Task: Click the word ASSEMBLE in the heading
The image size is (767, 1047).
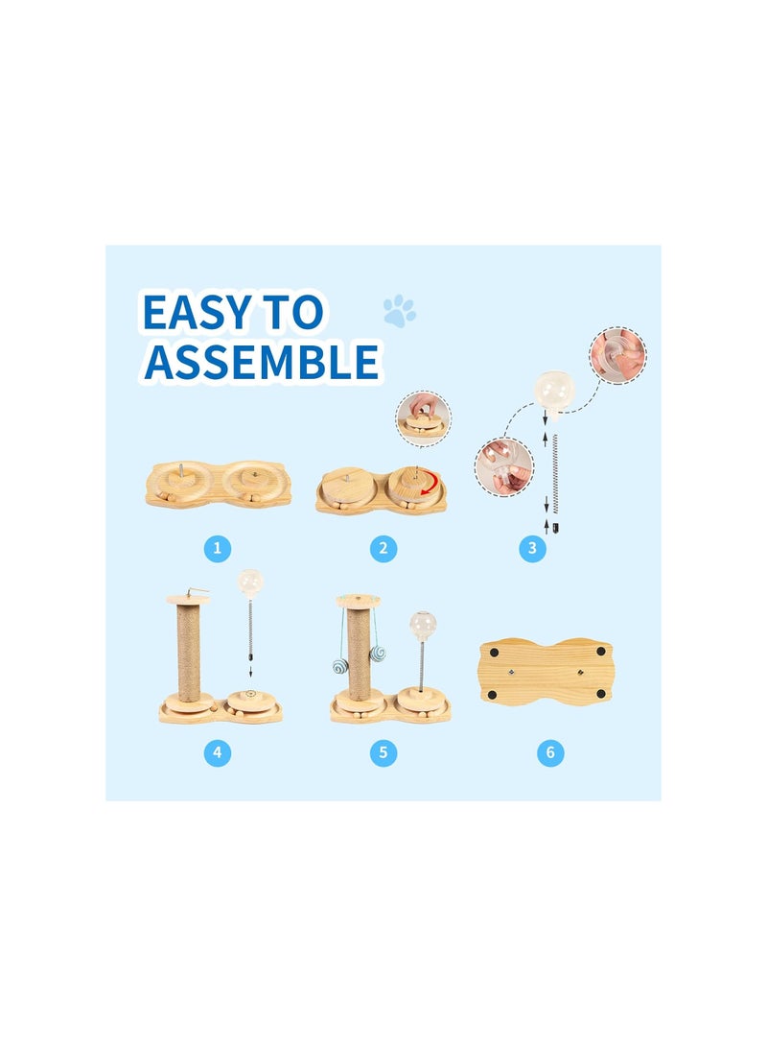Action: click(x=260, y=362)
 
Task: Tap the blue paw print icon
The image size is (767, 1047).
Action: click(x=400, y=311)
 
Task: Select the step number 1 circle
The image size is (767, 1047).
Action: click(x=218, y=549)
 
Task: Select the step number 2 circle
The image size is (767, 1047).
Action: click(x=383, y=549)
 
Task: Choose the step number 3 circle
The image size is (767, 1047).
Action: click(x=533, y=549)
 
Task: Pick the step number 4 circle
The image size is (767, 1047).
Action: click(x=218, y=752)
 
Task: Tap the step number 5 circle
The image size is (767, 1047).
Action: click(x=383, y=752)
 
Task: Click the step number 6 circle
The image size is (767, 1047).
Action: click(x=549, y=752)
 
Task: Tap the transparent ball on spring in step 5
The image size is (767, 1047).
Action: click(x=424, y=624)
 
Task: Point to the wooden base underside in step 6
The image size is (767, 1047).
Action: click(x=545, y=671)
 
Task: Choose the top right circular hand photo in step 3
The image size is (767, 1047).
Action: click(x=618, y=355)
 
